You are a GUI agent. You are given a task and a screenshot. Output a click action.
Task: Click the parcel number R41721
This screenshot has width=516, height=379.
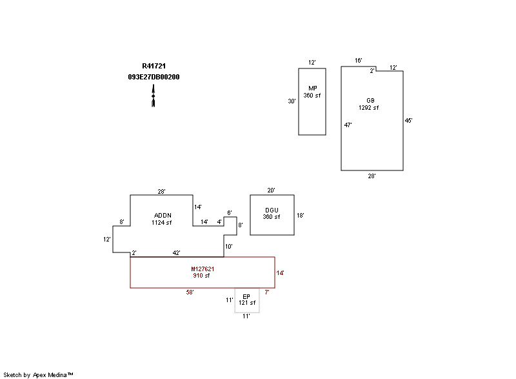click(154, 66)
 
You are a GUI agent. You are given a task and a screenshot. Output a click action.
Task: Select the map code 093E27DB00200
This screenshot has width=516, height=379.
click(154, 77)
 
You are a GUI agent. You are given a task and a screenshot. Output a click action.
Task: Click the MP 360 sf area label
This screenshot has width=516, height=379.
click(312, 92)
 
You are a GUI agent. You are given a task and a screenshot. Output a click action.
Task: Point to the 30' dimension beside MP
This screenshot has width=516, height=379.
click(292, 101)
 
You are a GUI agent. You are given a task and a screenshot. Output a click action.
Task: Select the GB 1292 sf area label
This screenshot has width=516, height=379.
click(369, 104)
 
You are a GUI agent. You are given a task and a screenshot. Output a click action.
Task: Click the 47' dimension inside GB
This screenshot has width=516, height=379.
click(348, 125)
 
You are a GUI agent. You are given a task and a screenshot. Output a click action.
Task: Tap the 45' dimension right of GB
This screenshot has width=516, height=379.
click(408, 121)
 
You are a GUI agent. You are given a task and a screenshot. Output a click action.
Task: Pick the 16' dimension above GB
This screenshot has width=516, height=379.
click(359, 61)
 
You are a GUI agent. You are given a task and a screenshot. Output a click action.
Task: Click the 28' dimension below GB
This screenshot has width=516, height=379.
click(372, 176)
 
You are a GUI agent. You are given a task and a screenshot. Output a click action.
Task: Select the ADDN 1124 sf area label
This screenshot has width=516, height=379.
click(162, 219)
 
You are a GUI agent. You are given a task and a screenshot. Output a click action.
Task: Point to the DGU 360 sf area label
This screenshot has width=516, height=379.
click(272, 213)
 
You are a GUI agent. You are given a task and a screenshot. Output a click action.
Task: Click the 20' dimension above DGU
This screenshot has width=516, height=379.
click(272, 190)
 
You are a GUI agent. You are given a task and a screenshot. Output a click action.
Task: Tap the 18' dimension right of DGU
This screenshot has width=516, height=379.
click(300, 215)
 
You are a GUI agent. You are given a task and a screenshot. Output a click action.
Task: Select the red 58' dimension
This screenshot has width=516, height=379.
click(190, 292)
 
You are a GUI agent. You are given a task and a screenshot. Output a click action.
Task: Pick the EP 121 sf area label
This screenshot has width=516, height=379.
click(247, 300)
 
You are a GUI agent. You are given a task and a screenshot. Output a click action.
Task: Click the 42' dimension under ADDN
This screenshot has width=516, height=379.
click(175, 252)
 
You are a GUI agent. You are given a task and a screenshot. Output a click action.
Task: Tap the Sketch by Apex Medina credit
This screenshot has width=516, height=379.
click(38, 374)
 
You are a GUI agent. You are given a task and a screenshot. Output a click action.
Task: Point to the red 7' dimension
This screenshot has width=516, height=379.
click(266, 292)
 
